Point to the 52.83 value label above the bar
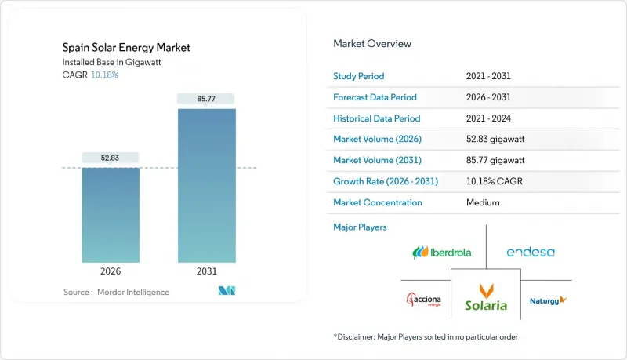[x=111, y=158]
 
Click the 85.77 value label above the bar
[x=207, y=99]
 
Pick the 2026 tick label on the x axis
[x=111, y=271]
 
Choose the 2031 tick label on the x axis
[x=207, y=271]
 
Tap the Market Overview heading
[x=372, y=44]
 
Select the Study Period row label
[x=359, y=77]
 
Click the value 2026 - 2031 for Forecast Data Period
[x=490, y=97]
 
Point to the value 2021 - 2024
[x=490, y=118]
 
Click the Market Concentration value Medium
[x=482, y=202]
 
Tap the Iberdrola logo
[x=443, y=253]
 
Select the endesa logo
[x=531, y=253]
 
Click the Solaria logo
[x=486, y=296]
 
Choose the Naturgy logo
[x=548, y=300]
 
